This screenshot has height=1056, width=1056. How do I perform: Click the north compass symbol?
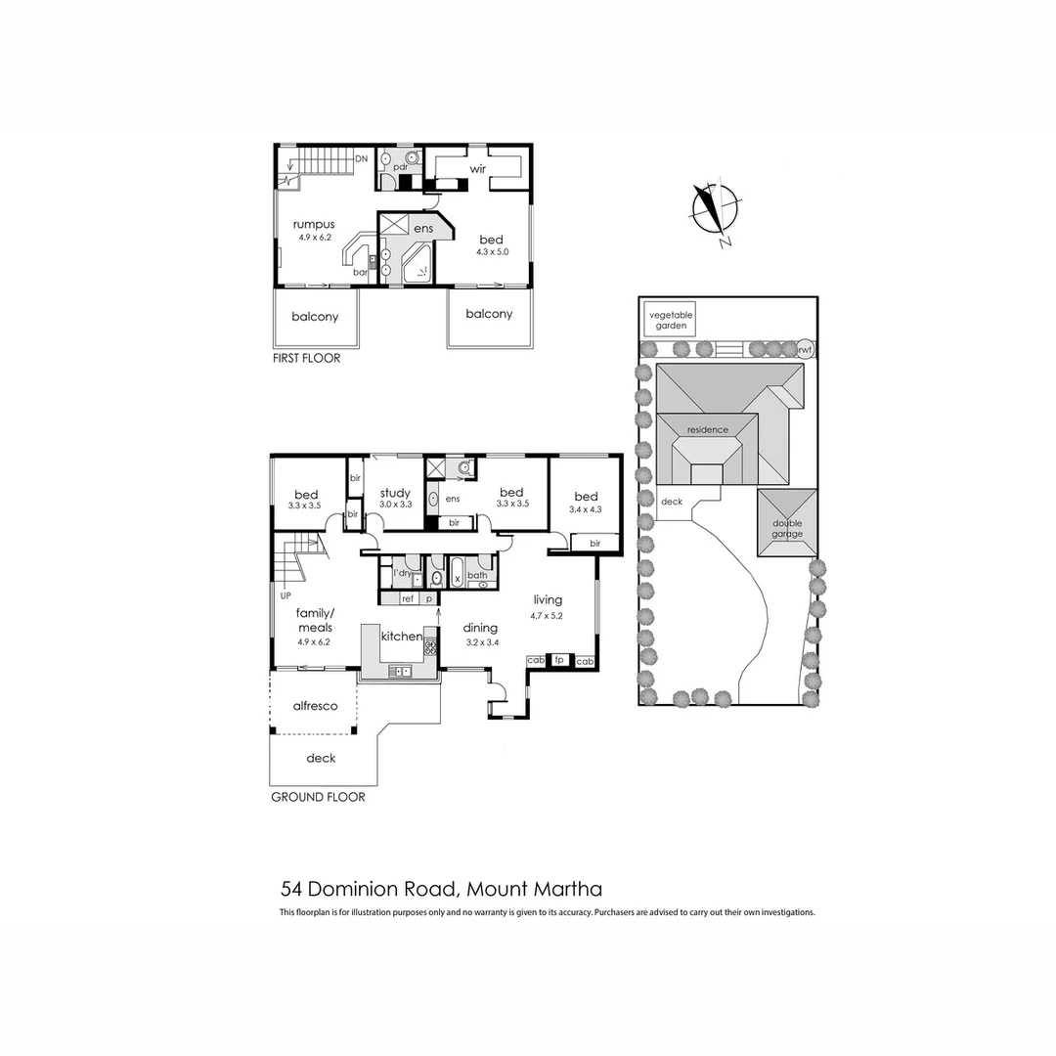(716, 211)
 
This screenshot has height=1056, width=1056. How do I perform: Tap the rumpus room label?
(314, 225)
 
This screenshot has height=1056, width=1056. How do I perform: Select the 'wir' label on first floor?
(478, 169)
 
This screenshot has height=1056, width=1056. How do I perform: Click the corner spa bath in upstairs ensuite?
(421, 265)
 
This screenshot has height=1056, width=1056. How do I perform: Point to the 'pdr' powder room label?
(400, 167)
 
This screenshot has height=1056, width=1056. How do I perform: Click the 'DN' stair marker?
(361, 158)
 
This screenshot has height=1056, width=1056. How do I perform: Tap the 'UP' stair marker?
(286, 594)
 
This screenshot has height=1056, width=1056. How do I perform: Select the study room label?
(395, 493)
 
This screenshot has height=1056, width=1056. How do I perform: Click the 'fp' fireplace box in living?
(560, 661)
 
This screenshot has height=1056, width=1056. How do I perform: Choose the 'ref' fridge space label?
(408, 597)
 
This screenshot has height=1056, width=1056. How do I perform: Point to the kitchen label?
(401, 637)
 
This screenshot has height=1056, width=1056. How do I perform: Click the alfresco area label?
(315, 705)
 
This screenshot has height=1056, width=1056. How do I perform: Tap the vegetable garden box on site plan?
(670, 320)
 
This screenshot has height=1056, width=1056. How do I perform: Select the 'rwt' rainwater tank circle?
(804, 348)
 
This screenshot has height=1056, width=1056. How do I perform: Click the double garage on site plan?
(787, 528)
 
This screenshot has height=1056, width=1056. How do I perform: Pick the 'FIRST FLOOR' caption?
(307, 359)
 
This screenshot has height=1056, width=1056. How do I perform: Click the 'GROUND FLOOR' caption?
(318, 797)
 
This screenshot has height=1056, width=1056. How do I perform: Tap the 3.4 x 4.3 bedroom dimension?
(586, 509)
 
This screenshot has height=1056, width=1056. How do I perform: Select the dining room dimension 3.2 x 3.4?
(480, 642)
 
